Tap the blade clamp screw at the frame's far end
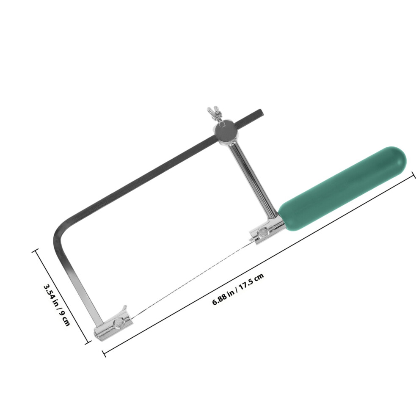(119, 323)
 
